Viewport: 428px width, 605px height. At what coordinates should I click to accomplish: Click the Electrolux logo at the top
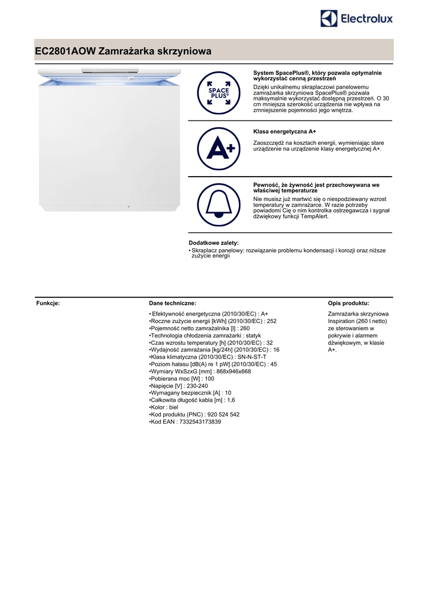coord(356,19)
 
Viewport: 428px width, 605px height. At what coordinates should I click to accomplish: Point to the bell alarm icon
coord(218,204)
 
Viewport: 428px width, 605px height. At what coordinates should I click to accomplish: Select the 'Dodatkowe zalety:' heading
coord(213,243)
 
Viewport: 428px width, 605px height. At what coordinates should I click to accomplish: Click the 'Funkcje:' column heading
coord(48,303)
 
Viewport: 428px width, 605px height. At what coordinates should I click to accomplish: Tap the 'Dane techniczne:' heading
coord(173,303)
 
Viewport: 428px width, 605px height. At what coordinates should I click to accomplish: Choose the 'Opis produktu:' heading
coord(348,303)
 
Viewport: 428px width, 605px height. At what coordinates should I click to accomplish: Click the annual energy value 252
coord(272,321)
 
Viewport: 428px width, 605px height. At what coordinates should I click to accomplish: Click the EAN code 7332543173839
coord(199,422)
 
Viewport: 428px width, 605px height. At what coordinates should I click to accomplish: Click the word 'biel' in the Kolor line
coord(173,407)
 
